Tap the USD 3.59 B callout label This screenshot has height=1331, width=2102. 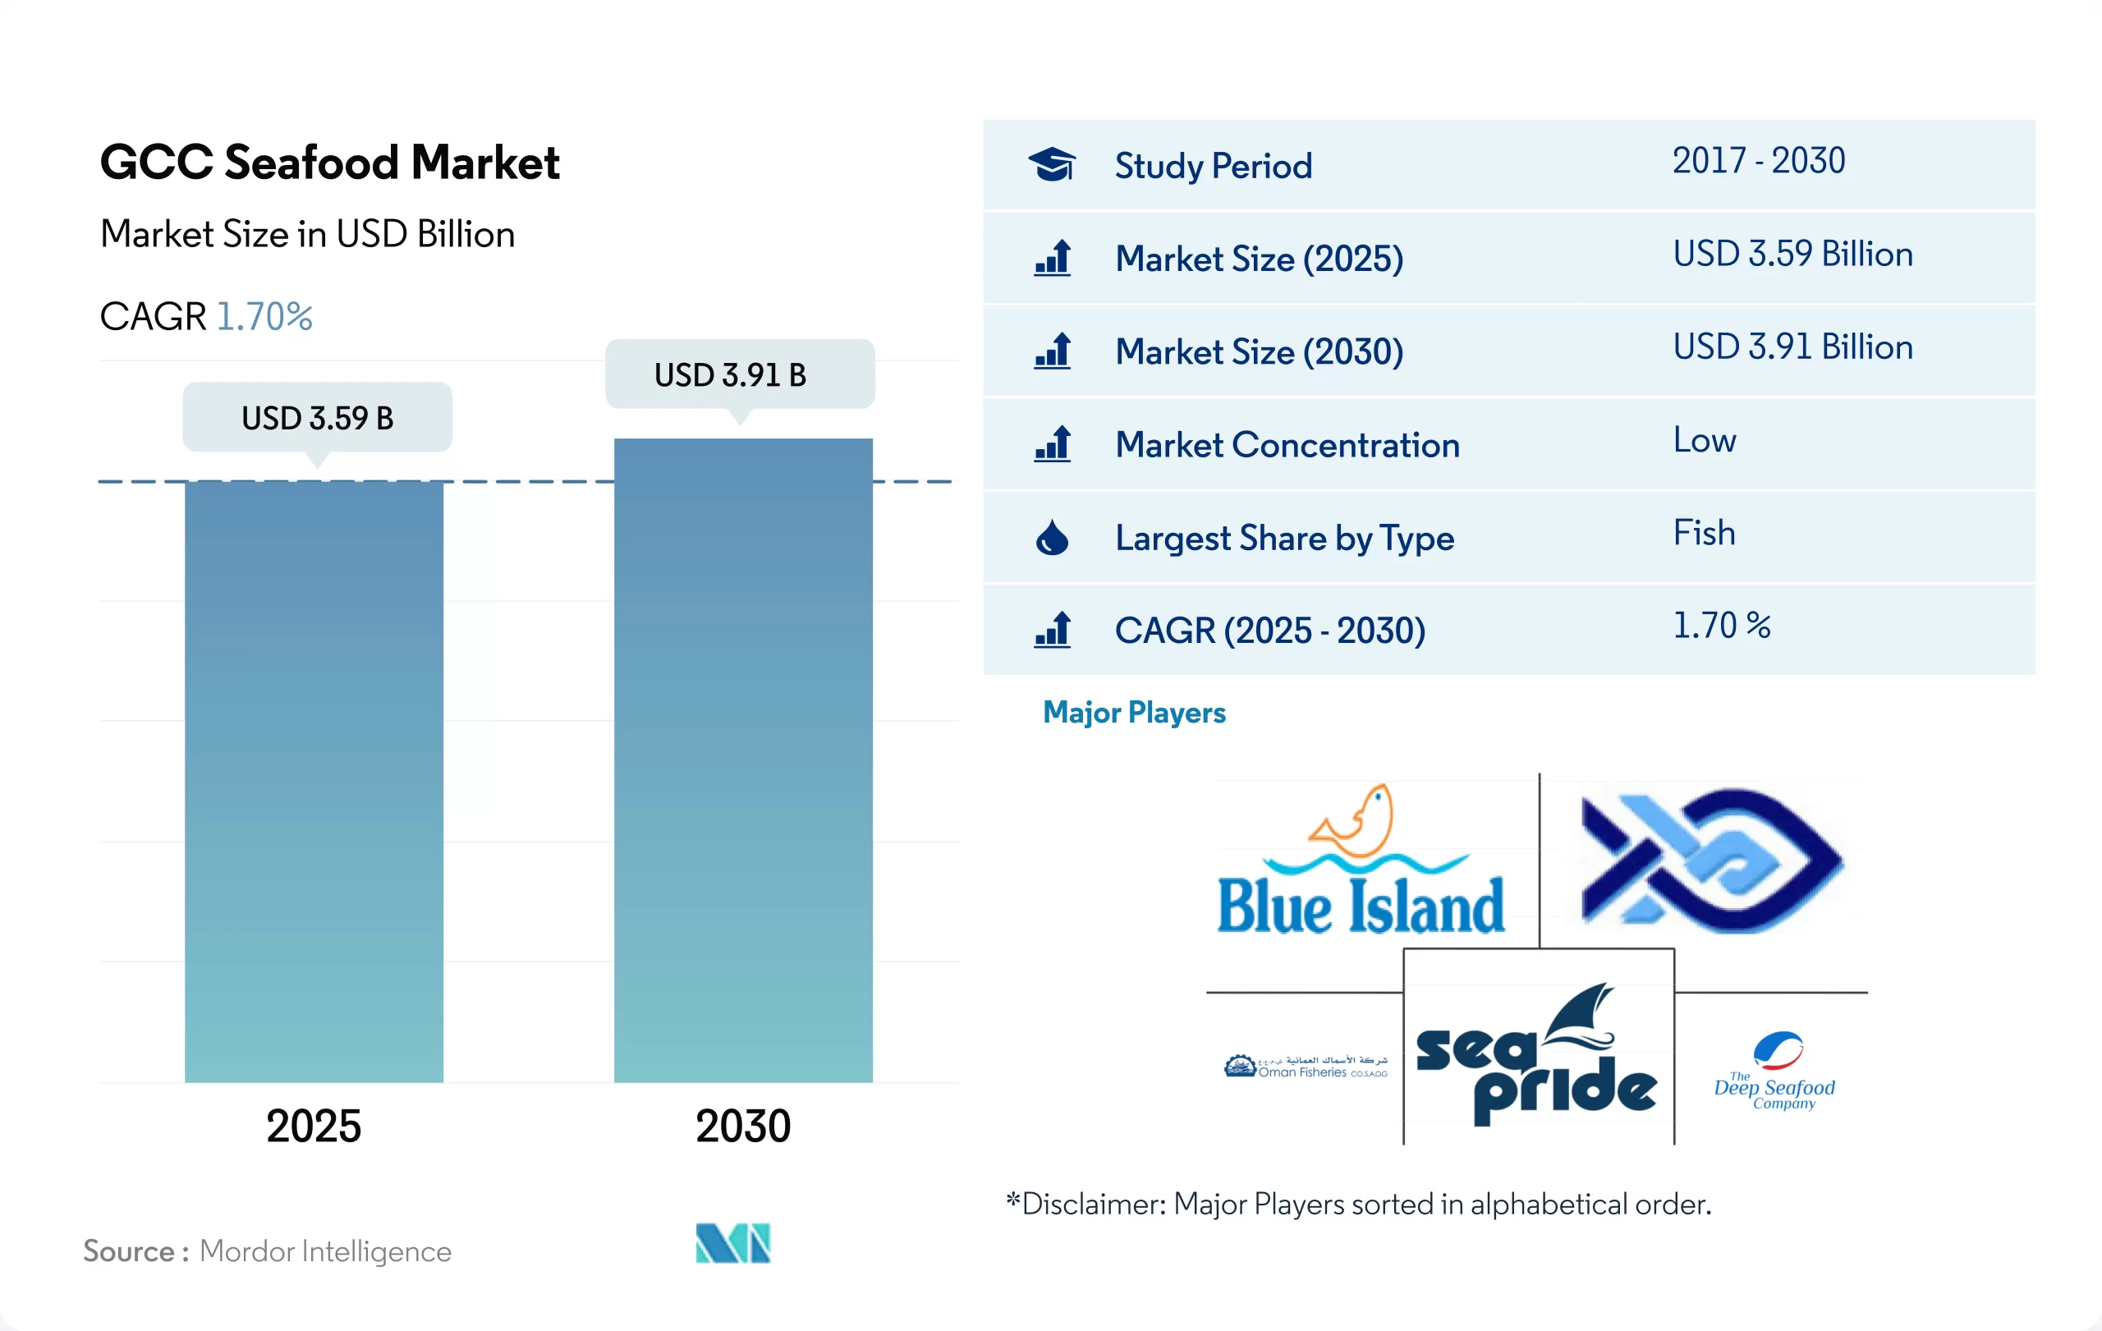pos(317,418)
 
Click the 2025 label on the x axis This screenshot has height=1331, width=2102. pos(314,1125)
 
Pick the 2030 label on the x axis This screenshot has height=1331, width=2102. pos(743,1125)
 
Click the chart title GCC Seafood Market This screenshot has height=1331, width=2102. pos(329,163)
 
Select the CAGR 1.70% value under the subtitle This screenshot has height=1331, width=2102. pos(264,316)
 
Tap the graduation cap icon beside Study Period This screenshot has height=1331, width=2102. pos(1052,164)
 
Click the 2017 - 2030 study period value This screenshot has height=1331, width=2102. pos(1758,161)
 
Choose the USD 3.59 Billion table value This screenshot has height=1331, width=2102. pos(1792,254)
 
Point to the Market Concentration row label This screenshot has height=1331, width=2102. pos(1287,445)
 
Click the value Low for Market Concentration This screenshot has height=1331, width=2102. pos(1704,440)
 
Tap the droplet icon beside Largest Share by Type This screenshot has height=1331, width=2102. pos(1052,538)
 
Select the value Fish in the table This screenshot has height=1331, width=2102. pos(1704,532)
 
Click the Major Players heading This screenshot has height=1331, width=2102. pos(1134,712)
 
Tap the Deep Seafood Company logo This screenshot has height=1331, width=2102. pos(1775,1071)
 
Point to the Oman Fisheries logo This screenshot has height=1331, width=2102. pos(1305,1067)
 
